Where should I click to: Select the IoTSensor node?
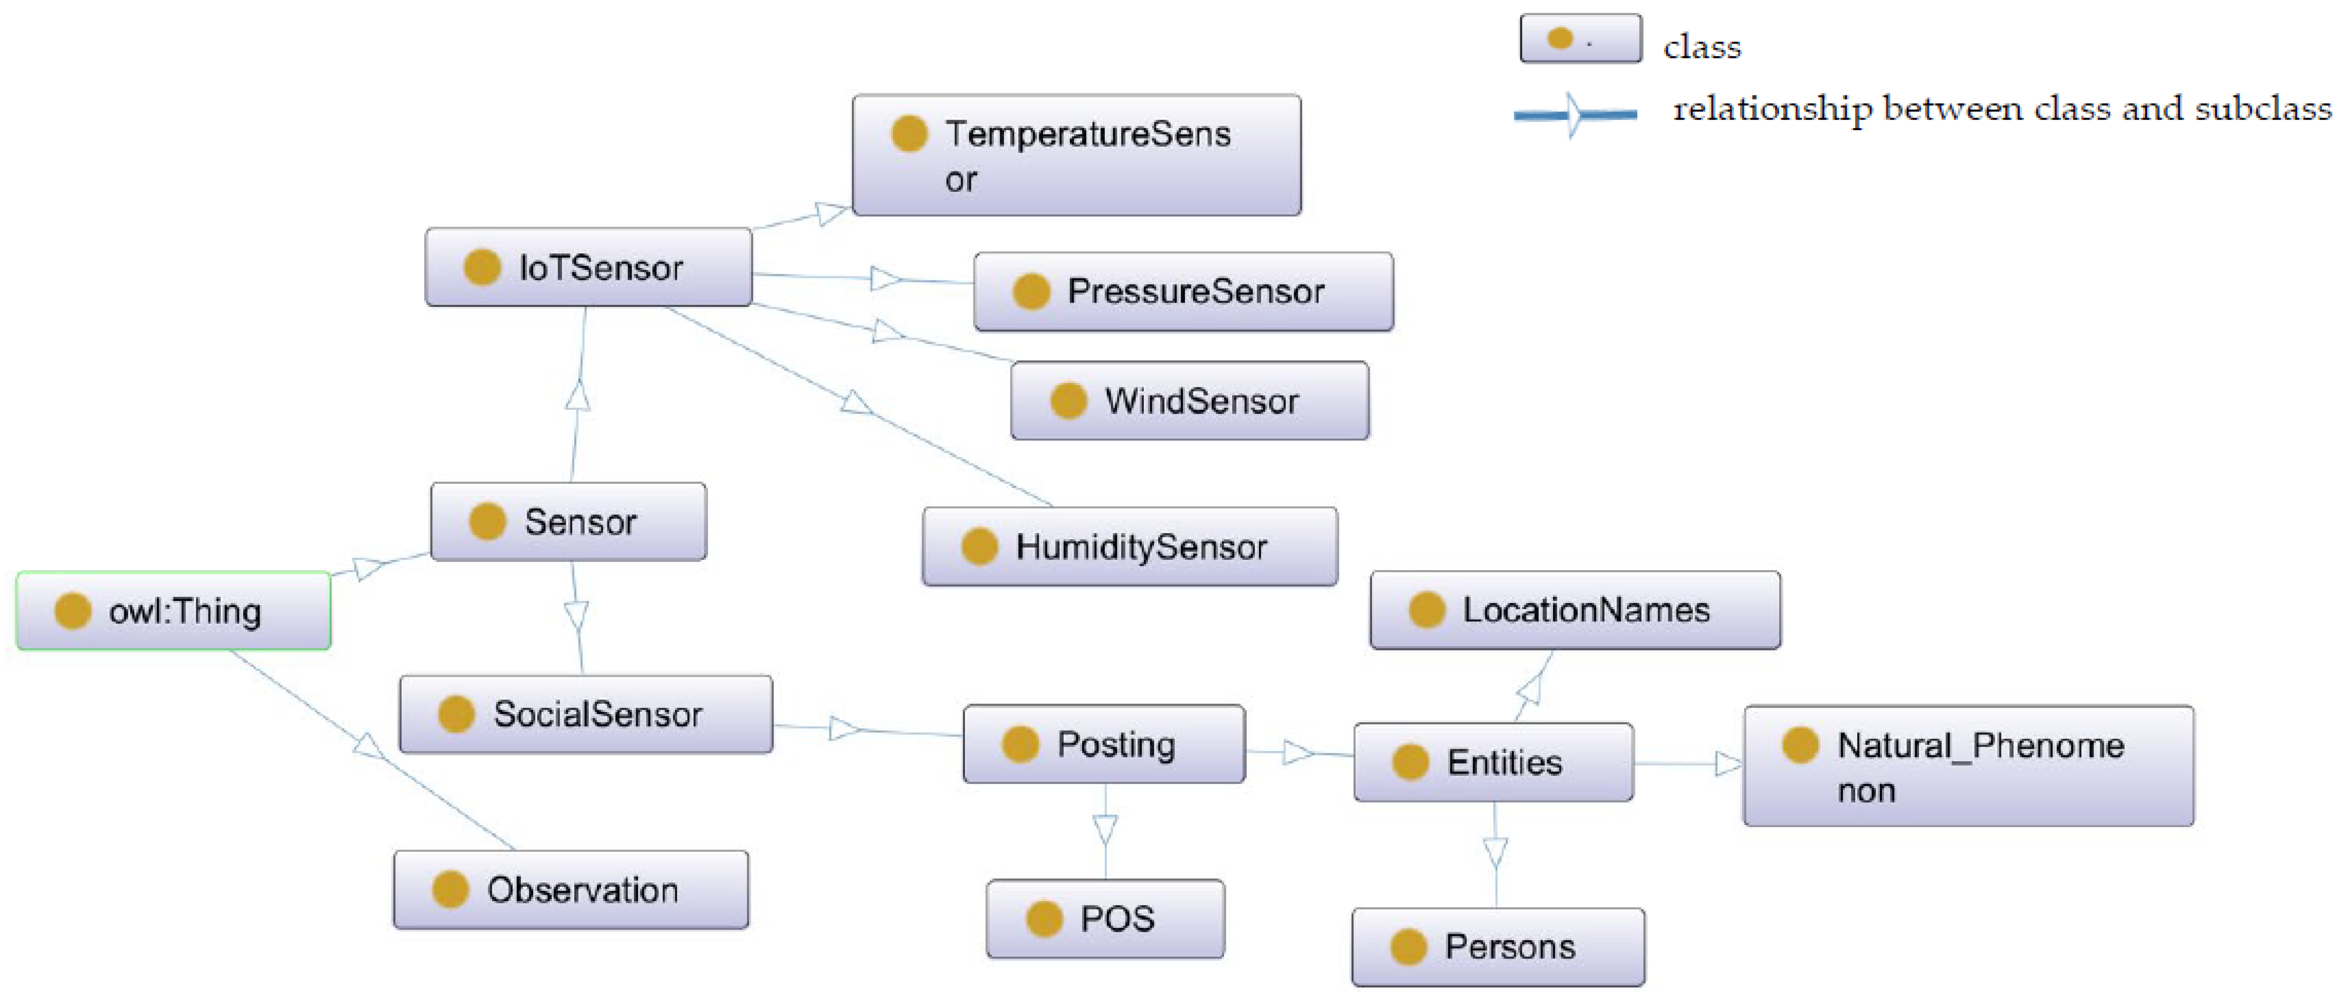(x=588, y=267)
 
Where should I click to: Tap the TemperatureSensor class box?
(x=1076, y=155)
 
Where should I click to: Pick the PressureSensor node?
(x=1183, y=291)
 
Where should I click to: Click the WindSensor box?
(x=1189, y=400)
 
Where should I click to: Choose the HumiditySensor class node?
(x=1129, y=546)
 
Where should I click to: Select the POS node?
(x=1105, y=919)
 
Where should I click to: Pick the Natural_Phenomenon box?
(x=1968, y=766)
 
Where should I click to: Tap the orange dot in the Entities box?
(x=1410, y=762)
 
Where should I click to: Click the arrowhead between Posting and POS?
(x=1105, y=828)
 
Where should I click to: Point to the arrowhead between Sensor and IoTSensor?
(x=578, y=395)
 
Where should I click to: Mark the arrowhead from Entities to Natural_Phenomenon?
(x=1727, y=763)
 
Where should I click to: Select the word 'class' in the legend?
(x=1701, y=47)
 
